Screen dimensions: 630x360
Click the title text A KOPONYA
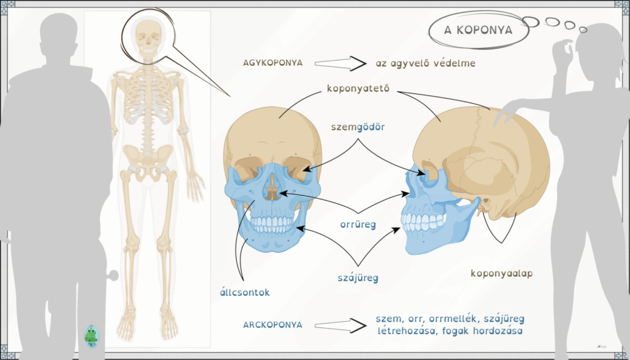(x=478, y=31)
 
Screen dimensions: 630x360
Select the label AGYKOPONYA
(x=273, y=63)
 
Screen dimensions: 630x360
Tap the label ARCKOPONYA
(x=273, y=325)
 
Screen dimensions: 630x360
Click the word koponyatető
(x=359, y=89)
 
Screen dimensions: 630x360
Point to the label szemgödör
(x=358, y=127)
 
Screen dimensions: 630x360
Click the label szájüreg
(x=358, y=278)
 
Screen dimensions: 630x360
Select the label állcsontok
(x=245, y=292)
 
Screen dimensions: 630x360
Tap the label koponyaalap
(x=501, y=274)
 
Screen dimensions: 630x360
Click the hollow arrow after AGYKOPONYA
(x=340, y=63)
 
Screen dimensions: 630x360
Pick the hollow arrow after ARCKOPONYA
(x=340, y=326)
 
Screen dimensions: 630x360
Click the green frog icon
(x=91, y=336)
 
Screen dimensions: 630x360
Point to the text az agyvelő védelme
(x=426, y=63)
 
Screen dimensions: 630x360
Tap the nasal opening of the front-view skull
(x=273, y=188)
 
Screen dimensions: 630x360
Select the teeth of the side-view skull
(x=423, y=222)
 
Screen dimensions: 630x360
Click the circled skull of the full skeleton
(x=148, y=38)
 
